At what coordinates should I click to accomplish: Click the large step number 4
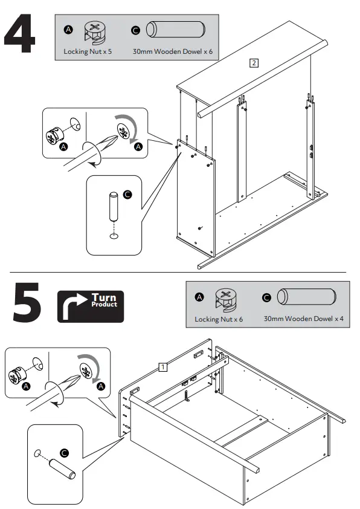coord(19,33)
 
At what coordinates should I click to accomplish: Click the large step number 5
coord(27,302)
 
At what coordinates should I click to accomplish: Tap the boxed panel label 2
coord(254,63)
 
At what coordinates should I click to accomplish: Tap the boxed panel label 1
coord(163,367)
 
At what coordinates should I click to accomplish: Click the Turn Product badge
coord(91,306)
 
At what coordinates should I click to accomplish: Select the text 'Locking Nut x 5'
coord(88,51)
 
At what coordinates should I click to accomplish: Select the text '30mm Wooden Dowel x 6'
coord(173,51)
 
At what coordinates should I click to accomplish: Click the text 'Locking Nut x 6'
coord(219,319)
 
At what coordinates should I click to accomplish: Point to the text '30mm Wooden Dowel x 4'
coord(304,319)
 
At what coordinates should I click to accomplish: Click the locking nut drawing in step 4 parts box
coord(95,33)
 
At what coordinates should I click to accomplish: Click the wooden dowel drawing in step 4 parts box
coord(175,30)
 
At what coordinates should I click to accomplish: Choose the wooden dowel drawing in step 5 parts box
coord(306,297)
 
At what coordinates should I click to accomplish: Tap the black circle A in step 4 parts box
coord(68,30)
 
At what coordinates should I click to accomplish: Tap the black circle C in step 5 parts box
coord(266,297)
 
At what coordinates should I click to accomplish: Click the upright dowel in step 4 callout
coord(114,207)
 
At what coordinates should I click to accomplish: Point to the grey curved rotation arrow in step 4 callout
coord(130,125)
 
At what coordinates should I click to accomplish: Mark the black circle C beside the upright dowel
coord(128,195)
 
